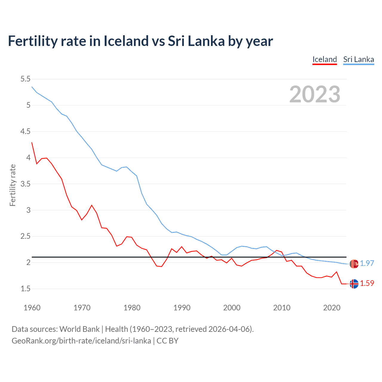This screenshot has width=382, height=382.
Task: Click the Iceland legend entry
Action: click(x=324, y=59)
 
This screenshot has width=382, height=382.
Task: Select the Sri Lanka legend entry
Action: click(x=358, y=59)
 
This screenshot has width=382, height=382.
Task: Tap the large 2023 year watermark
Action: click(x=315, y=94)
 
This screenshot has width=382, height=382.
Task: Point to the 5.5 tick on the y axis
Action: click(x=25, y=79)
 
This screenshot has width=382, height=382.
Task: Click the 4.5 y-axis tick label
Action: click(x=25, y=132)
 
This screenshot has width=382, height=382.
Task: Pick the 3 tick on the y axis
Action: click(x=28, y=210)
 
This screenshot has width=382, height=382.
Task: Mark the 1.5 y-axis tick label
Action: click(x=25, y=289)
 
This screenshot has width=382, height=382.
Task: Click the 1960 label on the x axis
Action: click(x=32, y=308)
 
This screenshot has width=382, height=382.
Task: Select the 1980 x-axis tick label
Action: click(x=132, y=308)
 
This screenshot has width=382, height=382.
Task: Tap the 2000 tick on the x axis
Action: click(x=232, y=308)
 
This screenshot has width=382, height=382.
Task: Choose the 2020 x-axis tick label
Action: click(x=332, y=308)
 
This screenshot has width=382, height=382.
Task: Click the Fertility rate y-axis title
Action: click(x=13, y=185)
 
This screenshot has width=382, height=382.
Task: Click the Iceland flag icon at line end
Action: click(x=354, y=284)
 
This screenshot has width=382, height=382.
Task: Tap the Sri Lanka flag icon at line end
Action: click(x=354, y=264)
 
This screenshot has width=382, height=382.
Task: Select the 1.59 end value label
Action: click(x=367, y=283)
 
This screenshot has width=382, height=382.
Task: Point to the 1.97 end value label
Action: click(x=367, y=263)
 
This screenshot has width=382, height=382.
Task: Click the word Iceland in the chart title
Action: click(x=126, y=41)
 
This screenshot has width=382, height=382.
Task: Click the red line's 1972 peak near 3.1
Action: click(x=92, y=205)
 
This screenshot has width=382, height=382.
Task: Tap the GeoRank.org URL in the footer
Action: click(x=81, y=341)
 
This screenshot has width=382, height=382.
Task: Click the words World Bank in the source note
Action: click(x=79, y=329)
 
